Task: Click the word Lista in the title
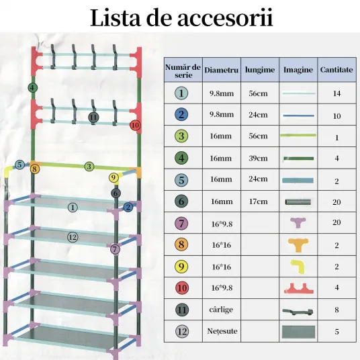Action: pos(116,17)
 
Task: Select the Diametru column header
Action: pos(222,70)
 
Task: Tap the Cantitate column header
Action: pos(336,70)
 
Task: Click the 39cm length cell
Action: pos(258,159)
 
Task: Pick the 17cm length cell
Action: pos(258,201)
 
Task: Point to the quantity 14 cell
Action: pos(336,93)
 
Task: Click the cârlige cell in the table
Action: pos(221,310)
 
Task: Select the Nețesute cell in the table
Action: pos(222,331)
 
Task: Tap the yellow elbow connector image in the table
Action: pos(298,267)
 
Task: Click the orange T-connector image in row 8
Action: pos(298,245)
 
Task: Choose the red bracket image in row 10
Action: pos(298,288)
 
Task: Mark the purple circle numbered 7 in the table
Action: pos(181,224)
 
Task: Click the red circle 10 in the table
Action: pos(182,288)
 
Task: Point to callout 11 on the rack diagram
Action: pos(93,118)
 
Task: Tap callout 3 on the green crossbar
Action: pos(89,167)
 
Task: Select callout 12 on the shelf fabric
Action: pos(73,237)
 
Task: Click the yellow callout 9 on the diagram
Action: pos(114,177)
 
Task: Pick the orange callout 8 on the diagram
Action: pos(34,169)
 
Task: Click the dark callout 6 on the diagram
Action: pos(116,193)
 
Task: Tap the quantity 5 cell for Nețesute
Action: pos(336,332)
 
